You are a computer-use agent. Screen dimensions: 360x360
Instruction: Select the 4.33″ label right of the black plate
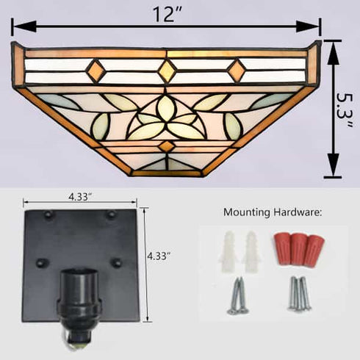pyautogui.click(x=160, y=256)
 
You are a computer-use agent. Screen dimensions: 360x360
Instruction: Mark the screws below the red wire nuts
pyautogui.click(x=300, y=294)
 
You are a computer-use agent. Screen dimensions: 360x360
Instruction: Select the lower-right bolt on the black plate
pyautogui.click(x=115, y=262)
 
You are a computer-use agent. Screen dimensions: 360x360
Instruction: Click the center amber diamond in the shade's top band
pyautogui.click(x=168, y=70)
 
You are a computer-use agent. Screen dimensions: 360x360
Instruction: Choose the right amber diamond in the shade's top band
pyautogui.click(x=237, y=71)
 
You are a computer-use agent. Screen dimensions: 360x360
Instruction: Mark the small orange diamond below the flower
pyautogui.click(x=167, y=146)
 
